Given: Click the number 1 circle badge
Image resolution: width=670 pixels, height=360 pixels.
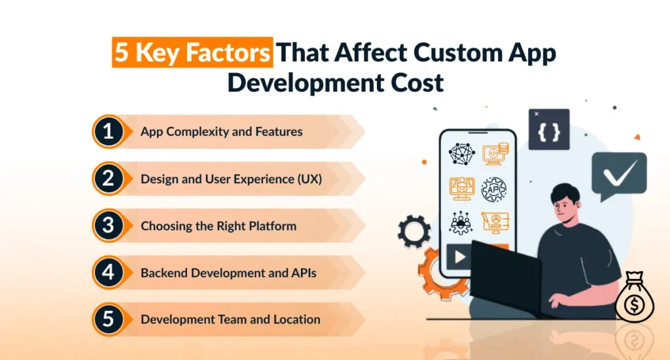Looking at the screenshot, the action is click(108, 132).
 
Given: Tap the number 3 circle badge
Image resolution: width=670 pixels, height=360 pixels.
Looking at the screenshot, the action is click(108, 225).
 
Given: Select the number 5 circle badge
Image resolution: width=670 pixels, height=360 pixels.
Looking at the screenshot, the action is click(108, 319).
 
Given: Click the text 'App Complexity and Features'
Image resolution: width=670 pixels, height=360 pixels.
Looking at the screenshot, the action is click(221, 132).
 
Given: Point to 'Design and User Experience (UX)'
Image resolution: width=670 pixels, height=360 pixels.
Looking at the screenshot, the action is click(231, 179).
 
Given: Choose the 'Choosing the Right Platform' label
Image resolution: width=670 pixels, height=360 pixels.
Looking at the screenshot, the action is click(219, 226).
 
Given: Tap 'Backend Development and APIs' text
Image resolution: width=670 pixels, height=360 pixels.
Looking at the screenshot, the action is click(228, 273).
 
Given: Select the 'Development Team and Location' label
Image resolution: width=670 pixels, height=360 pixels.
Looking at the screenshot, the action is click(230, 319).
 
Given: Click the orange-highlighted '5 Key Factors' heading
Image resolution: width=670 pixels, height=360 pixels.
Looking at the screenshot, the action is click(192, 52).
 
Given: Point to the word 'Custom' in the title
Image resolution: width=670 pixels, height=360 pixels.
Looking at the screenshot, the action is click(457, 52).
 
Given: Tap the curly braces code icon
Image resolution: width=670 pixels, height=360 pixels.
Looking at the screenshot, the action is click(549, 130).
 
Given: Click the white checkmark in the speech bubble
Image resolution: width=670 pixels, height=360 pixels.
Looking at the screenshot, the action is click(620, 172).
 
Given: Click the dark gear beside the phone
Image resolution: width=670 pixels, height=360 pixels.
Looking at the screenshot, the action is click(414, 231).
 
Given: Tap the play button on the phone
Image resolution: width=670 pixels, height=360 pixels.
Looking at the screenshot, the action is click(459, 257).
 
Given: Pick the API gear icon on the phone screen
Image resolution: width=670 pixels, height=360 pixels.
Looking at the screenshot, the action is click(494, 189).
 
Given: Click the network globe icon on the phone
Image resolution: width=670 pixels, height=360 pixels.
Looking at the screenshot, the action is click(461, 154).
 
